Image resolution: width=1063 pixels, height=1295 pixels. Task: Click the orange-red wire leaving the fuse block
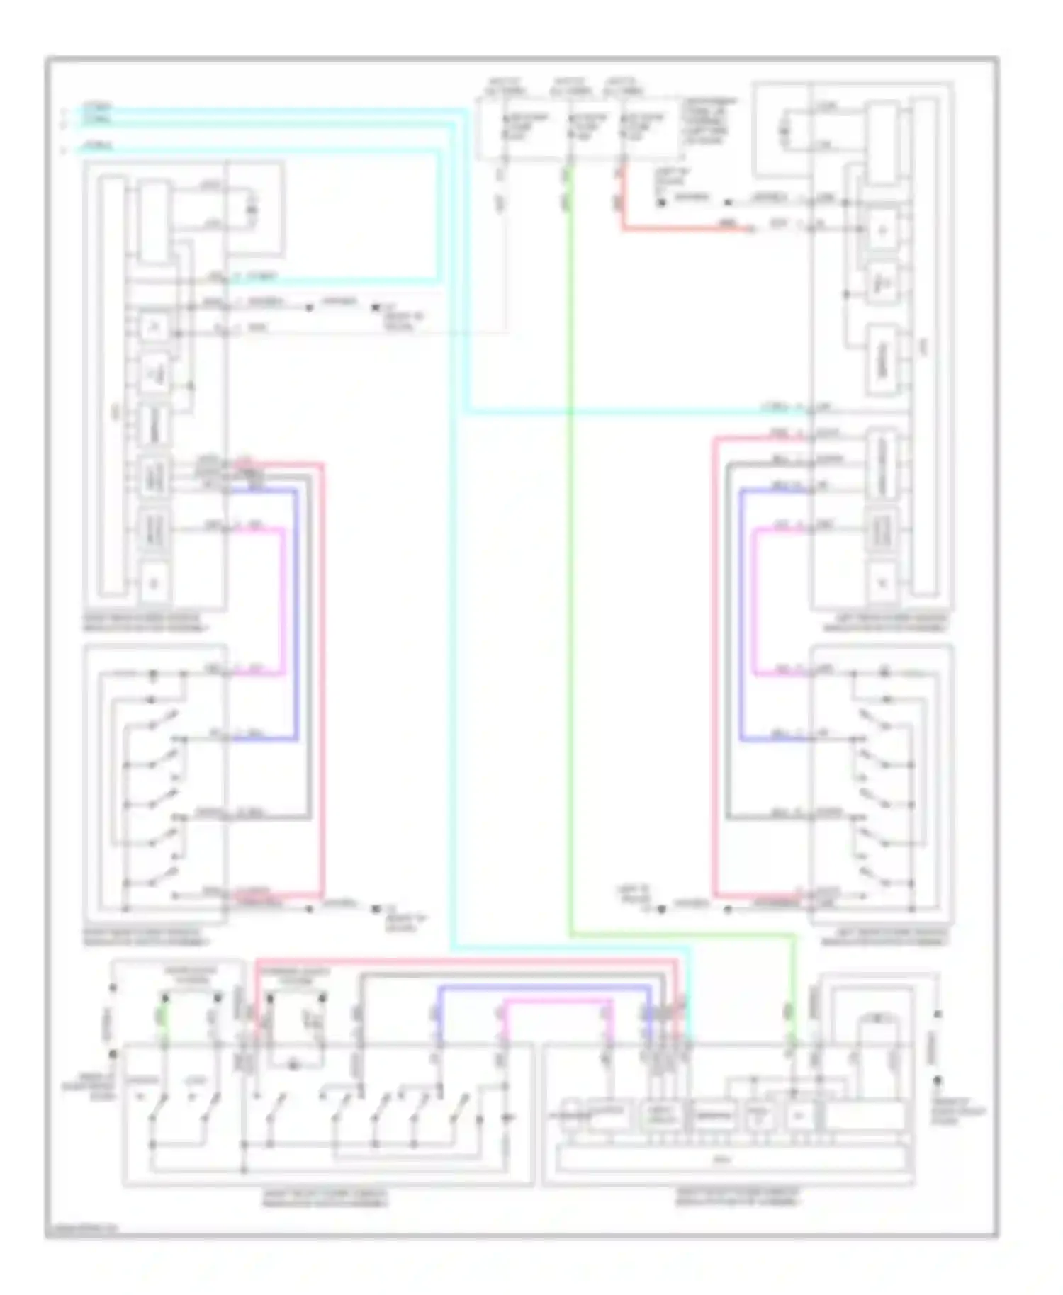click(x=680, y=229)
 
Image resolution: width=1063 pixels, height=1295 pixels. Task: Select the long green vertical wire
click(x=570, y=567)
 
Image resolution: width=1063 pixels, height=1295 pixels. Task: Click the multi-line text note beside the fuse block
click(x=709, y=120)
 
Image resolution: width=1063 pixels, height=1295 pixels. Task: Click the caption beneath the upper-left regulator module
click(x=145, y=622)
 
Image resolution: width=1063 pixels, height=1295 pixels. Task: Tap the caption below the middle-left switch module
click(x=145, y=937)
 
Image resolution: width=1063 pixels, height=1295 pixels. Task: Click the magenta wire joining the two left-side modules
click(x=284, y=602)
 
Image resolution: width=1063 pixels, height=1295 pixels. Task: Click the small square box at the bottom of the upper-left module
click(x=154, y=584)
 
